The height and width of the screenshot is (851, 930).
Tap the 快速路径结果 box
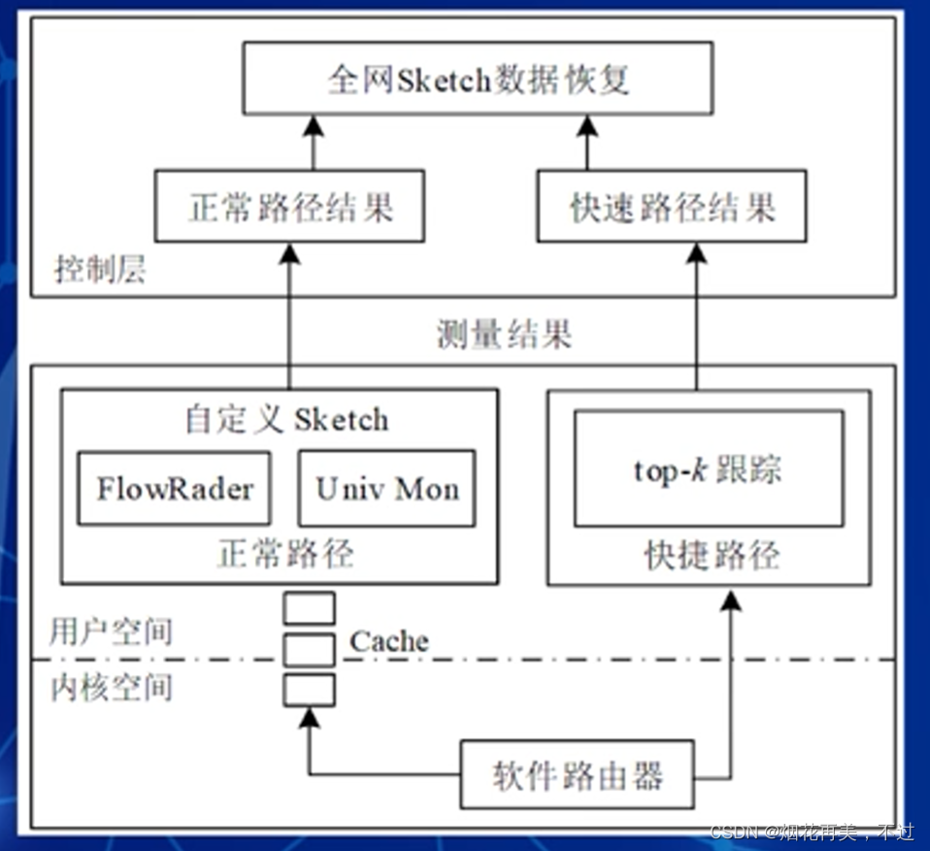coord(673,207)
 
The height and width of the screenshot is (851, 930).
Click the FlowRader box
coord(174,488)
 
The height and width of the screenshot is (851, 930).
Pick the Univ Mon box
coord(386,488)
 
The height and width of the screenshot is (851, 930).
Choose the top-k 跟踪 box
coord(709,469)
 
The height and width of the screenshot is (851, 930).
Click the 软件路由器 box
coord(577,774)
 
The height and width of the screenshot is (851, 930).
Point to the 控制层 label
coord(100,269)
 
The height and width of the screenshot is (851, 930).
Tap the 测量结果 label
coord(505,334)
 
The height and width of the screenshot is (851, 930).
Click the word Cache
coord(388,641)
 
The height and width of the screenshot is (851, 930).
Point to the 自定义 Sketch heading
coord(287,420)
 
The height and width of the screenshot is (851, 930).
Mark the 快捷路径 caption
coord(712,556)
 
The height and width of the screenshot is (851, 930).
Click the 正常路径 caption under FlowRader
coord(284,554)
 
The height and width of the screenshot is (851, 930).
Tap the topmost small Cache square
coord(310,608)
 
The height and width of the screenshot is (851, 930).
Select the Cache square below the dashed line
coord(310,690)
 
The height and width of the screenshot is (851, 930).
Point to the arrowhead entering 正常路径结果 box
coord(288,254)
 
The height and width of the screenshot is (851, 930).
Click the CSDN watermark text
coord(812,833)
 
